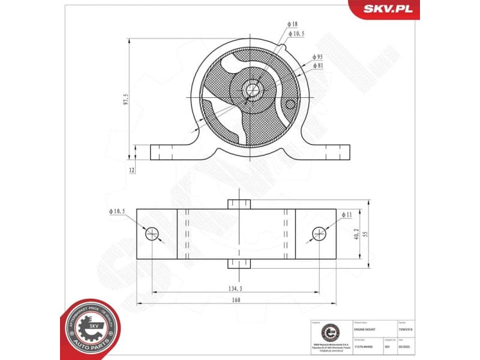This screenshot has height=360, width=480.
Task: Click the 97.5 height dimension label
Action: coord(126,99)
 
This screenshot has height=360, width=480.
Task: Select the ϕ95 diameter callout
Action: coord(317,56)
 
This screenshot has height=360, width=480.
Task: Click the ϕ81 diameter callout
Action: coord(317,65)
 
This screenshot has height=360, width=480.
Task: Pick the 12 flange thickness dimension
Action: coord(131,170)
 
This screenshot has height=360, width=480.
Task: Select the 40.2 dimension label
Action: coord(355,235)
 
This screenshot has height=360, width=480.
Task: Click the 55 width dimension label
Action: coord(364,235)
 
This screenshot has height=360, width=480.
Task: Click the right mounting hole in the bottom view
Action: coord(319,233)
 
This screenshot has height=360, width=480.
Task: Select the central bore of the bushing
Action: coord(252,90)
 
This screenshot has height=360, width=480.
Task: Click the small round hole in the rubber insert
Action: coord(291,104)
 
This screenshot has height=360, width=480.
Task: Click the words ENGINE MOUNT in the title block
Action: coord(367,329)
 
